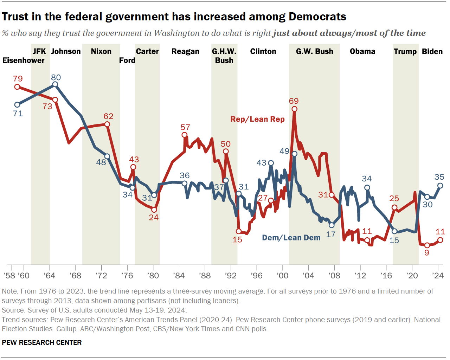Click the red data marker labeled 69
[294, 109]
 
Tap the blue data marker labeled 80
[55, 84]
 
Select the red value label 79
[18, 79]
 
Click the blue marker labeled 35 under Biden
[440, 186]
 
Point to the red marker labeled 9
[427, 245]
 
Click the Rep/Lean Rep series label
[257, 119]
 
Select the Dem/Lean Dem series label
[291, 238]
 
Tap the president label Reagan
[185, 51]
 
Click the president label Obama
[362, 51]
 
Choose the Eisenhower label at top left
[24, 60]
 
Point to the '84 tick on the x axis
[179, 275]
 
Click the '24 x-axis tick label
[438, 275]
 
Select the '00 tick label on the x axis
[283, 275]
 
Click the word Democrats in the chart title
[317, 17]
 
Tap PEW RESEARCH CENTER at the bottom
[42, 342]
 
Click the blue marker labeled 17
[332, 225]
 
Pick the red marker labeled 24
[154, 210]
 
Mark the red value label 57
[185, 127]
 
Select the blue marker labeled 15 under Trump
[394, 231]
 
